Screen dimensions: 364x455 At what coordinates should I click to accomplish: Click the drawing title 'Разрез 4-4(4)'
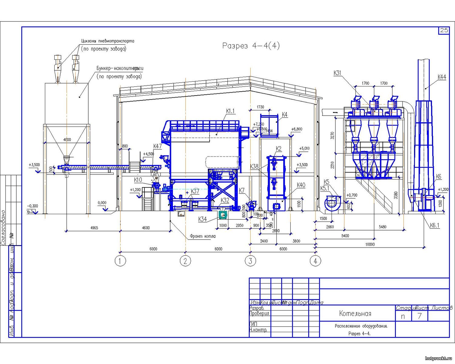pos(251,46)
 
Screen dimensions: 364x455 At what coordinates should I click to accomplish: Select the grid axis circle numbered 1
pos(120,261)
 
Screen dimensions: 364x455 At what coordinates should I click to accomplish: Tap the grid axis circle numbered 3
pos(250,261)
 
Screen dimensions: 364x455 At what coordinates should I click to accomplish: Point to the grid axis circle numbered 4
pos(315,261)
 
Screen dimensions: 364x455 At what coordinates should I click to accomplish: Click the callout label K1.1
pos(231,111)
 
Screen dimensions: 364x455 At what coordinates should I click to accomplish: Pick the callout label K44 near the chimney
pos(442,77)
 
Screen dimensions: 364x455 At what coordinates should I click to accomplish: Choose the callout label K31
pos(337,73)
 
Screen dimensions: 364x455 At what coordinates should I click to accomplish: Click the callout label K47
pos(157,146)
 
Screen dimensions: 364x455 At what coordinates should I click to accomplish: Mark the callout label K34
pos(203,219)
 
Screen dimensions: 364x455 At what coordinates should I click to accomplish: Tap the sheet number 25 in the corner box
pos(444,30)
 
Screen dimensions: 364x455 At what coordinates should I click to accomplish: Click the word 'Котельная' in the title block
pos(355,314)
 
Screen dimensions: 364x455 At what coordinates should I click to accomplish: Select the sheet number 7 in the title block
pos(420,316)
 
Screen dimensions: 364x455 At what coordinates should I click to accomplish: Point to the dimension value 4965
pos(94,228)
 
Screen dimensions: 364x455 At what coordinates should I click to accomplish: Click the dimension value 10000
pos(370,244)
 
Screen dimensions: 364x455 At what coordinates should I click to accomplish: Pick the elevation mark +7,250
pos(258,124)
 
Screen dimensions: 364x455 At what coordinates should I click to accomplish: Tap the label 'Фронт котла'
pos(203,236)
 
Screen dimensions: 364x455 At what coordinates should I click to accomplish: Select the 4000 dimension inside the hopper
pos(67,140)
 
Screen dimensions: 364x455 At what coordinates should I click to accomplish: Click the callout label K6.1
pos(434,225)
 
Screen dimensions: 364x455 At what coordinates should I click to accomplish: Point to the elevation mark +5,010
pos(304,149)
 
